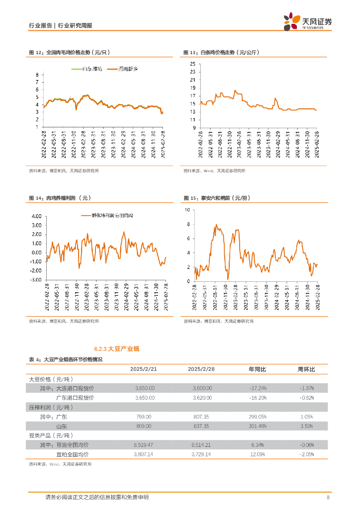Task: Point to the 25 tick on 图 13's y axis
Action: click(192, 64)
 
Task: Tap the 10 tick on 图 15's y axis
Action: click(187, 210)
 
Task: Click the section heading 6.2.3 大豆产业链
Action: click(117, 349)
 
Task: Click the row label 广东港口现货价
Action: click(74, 398)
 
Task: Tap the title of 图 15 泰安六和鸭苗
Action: click(216, 198)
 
